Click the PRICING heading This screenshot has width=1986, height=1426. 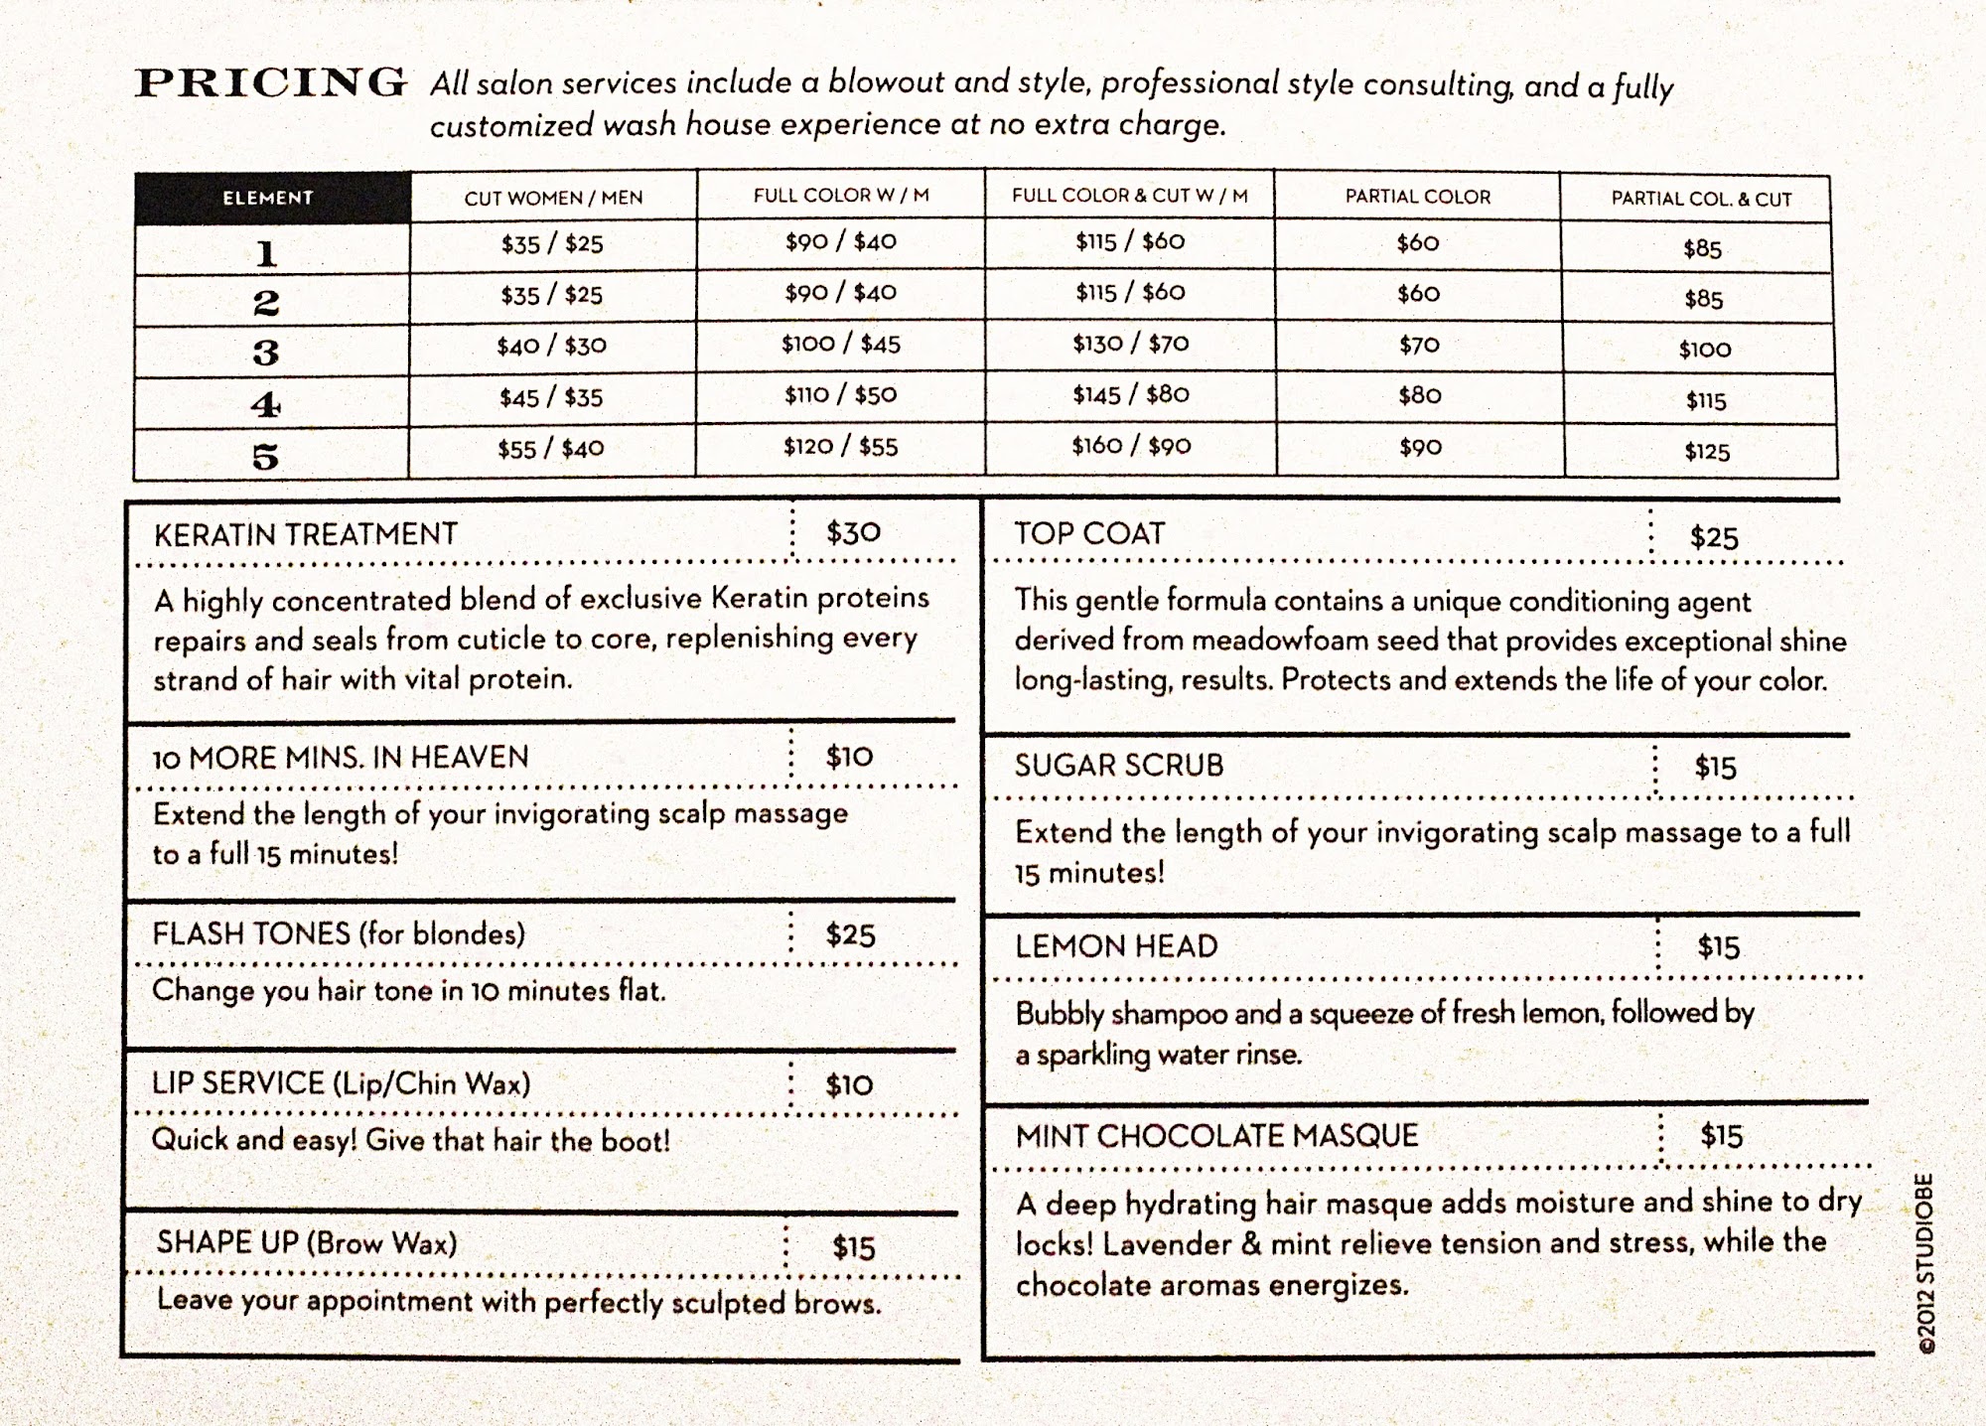(270, 82)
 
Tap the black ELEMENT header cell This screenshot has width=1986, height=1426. (268, 198)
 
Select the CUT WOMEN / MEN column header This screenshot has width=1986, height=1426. (553, 198)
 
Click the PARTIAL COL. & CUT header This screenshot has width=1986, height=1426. (1701, 199)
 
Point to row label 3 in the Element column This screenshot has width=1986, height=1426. (265, 353)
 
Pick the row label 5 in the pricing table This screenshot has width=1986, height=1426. (265, 457)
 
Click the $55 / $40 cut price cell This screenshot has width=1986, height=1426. (550, 449)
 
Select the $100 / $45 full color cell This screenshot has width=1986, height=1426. (840, 345)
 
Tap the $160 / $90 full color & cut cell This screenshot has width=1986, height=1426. (1130, 446)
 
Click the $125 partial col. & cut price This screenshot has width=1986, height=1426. (1706, 453)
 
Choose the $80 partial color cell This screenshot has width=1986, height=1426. (1419, 396)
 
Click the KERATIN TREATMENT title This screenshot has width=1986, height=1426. (306, 534)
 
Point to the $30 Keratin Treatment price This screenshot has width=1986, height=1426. (853, 533)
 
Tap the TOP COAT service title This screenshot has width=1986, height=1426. (1088, 533)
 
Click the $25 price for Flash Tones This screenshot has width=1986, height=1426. (850, 935)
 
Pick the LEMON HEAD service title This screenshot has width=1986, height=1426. (1116, 946)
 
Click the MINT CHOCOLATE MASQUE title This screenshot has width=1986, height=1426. (1216, 1136)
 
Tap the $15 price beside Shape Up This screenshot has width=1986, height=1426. (853, 1247)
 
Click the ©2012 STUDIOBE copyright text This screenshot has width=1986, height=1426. (1925, 1262)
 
